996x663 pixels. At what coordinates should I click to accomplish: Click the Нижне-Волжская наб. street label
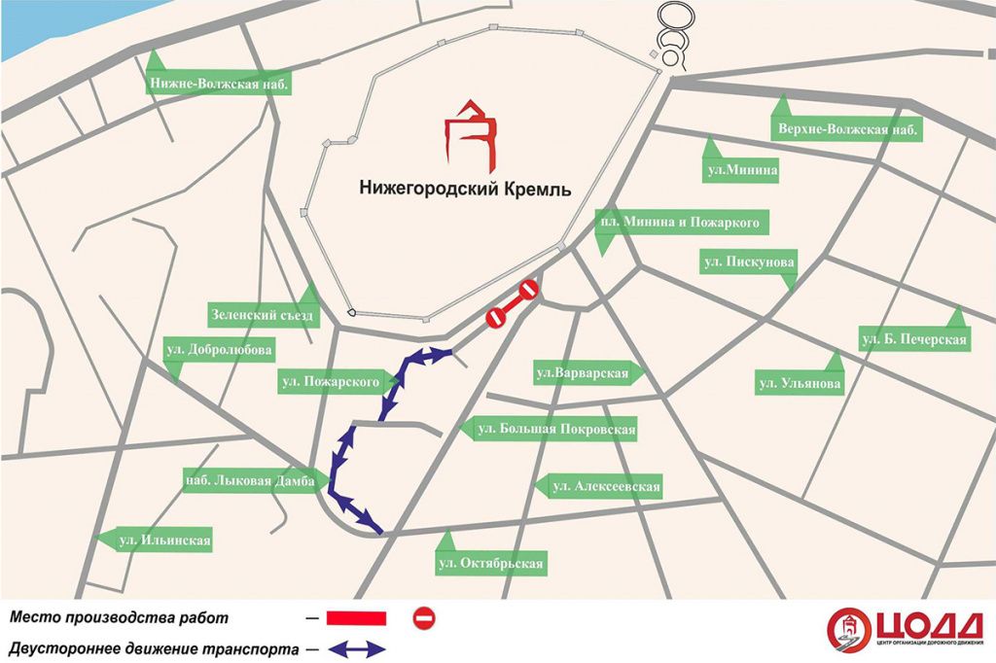220,85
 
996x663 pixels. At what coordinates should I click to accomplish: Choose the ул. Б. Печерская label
914,339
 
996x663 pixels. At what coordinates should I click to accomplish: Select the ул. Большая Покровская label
556,429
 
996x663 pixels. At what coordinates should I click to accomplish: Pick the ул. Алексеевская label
599,487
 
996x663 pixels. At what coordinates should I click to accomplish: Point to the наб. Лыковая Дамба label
249,479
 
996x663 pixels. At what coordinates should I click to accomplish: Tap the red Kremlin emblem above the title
471,133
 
